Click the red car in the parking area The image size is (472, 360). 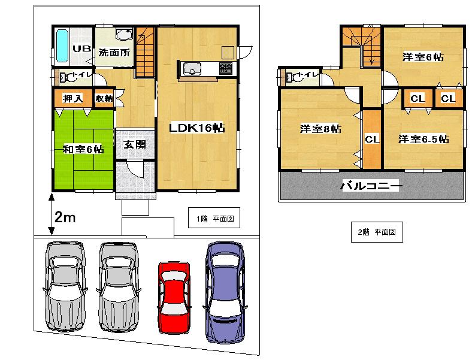click(x=174, y=293)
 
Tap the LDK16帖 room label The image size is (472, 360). click(x=196, y=128)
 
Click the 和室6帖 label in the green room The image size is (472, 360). click(x=83, y=149)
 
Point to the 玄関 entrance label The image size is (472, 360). click(x=133, y=144)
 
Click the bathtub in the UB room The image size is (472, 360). click(x=62, y=47)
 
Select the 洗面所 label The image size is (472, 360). click(x=114, y=52)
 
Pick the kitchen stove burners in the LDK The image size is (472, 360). click(x=226, y=68)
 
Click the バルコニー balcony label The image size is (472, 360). click(x=371, y=186)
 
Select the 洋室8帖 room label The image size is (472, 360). click(x=320, y=129)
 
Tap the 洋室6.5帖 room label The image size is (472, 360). click(x=424, y=139)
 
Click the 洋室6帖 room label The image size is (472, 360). click(x=423, y=57)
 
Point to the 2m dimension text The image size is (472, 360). click(x=65, y=218)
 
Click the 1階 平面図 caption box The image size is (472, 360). click(x=214, y=219)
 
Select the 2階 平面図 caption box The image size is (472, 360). click(x=377, y=232)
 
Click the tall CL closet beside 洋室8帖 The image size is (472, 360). click(x=372, y=139)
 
